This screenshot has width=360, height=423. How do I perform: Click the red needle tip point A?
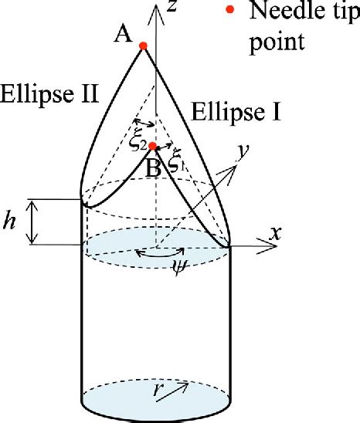click(x=143, y=47)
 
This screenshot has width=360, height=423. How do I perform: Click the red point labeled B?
click(x=153, y=146)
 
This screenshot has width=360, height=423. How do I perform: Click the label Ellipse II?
click(x=49, y=96)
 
